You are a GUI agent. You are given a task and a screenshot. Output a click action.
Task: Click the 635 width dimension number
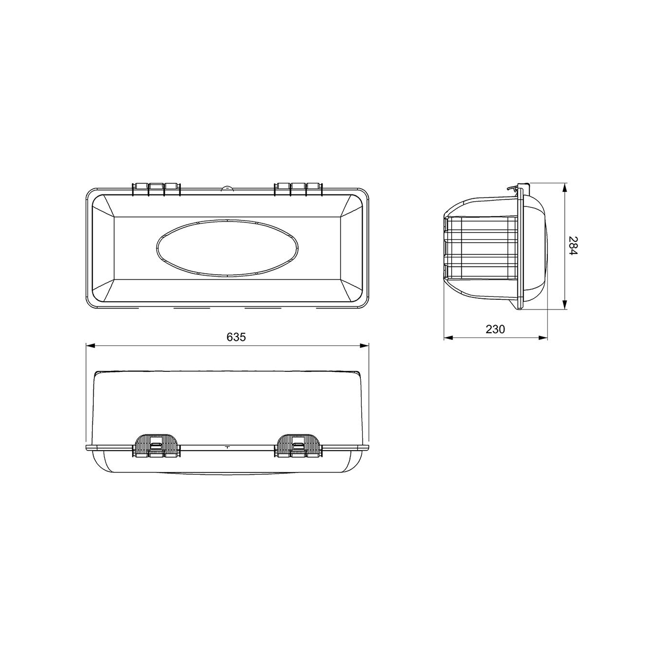pyautogui.click(x=236, y=337)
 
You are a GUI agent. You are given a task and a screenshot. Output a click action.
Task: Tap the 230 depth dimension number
pyautogui.click(x=495, y=329)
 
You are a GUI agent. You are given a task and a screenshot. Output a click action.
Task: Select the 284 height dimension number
pyautogui.click(x=573, y=246)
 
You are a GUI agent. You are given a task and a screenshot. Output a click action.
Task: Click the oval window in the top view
pyautogui.click(x=228, y=248)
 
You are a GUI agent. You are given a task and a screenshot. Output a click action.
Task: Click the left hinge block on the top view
pyautogui.click(x=156, y=189)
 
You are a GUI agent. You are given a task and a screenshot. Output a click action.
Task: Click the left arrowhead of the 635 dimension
pyautogui.click(x=91, y=345)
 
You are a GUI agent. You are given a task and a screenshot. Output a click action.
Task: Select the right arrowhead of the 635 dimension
pyautogui.click(x=364, y=345)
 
